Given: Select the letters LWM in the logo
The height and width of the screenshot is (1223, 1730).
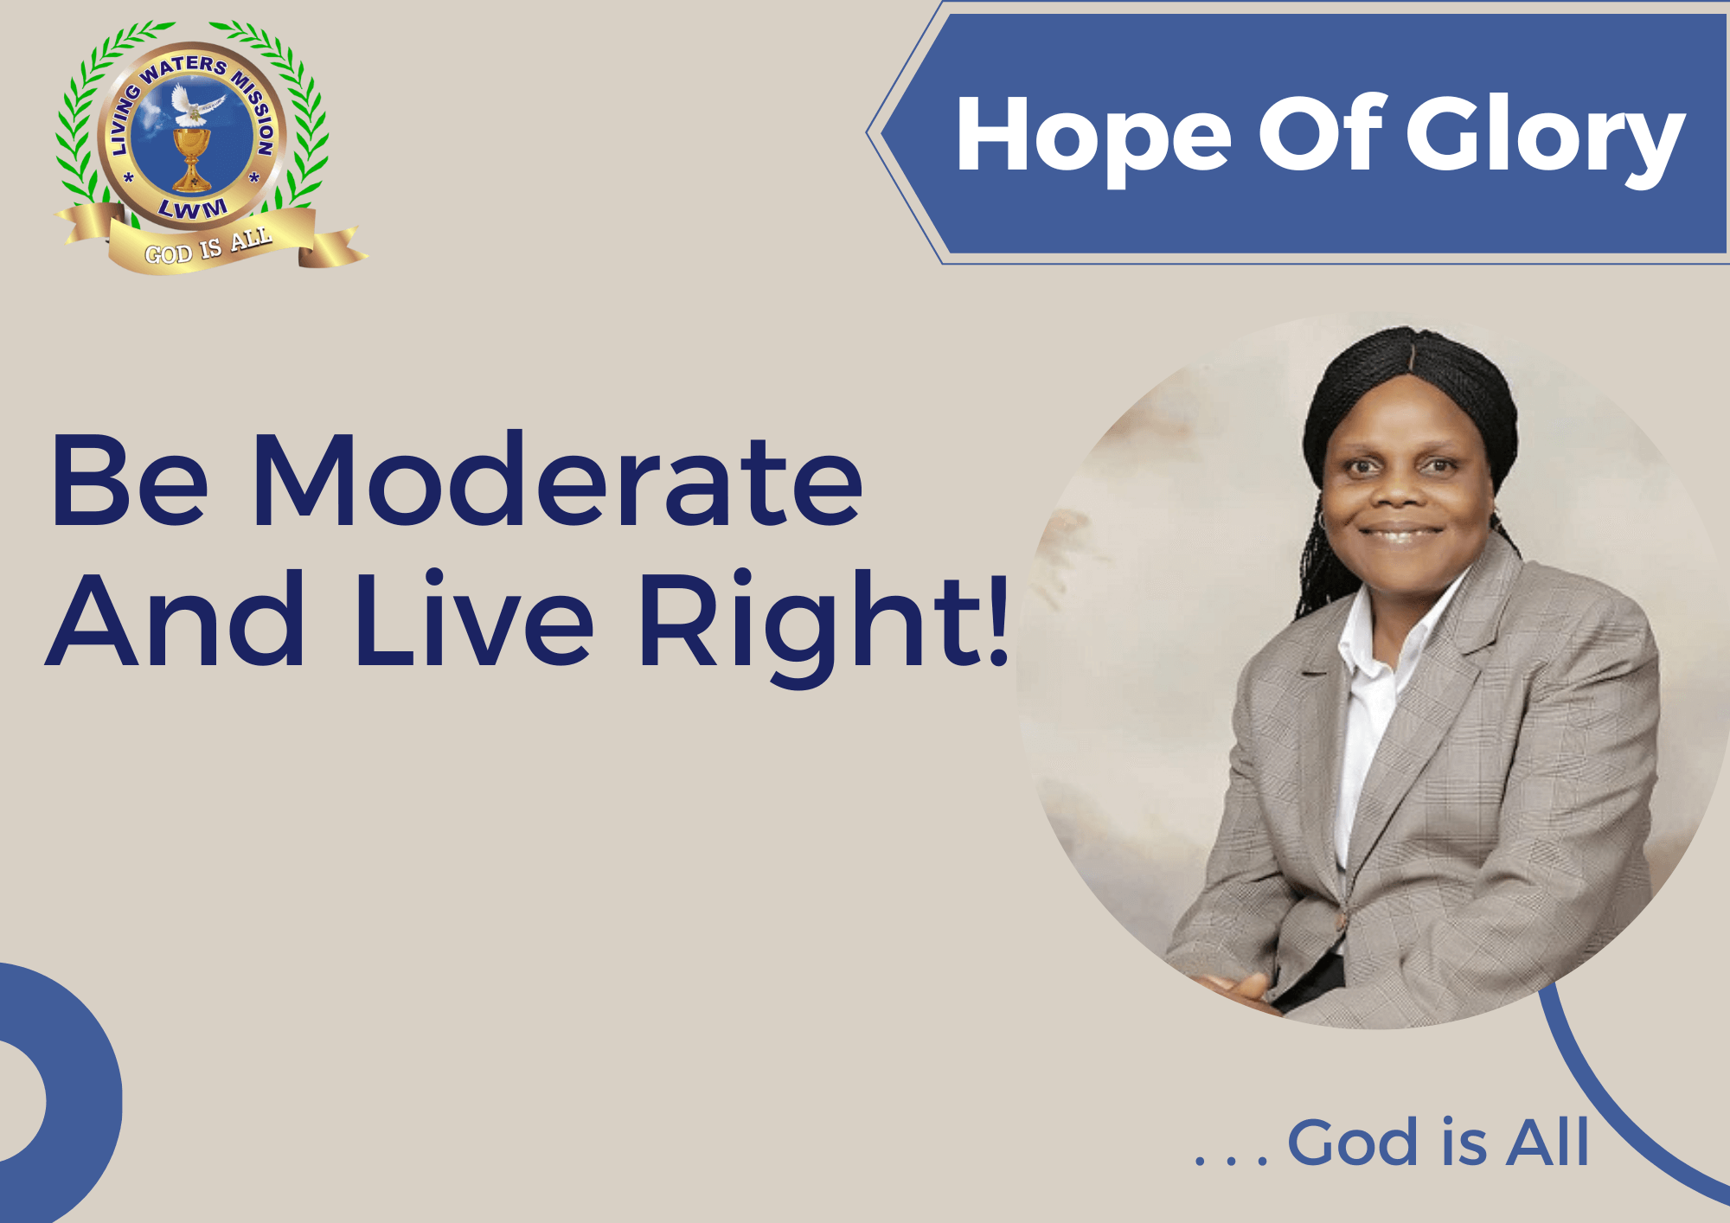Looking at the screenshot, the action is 193,208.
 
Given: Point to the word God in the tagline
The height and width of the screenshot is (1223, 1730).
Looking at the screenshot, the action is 1355,1143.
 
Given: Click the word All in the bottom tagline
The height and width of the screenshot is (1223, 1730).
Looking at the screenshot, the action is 1547,1142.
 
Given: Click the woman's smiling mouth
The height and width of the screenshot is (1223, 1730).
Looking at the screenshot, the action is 1400,534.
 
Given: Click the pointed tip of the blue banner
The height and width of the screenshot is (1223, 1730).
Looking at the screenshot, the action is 868,132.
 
